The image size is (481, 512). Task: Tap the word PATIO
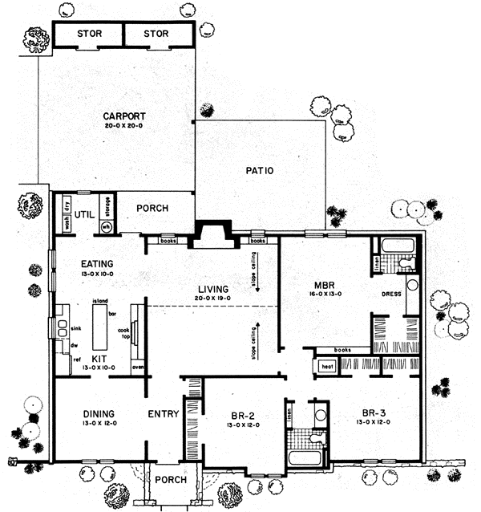(261, 171)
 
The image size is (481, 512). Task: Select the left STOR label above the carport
(88, 34)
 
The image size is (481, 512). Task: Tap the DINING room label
(101, 414)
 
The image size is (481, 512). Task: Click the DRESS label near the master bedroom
(391, 295)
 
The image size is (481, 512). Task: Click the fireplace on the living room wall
(212, 234)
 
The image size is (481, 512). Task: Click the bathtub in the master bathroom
(396, 245)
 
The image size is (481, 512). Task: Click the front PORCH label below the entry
(172, 480)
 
